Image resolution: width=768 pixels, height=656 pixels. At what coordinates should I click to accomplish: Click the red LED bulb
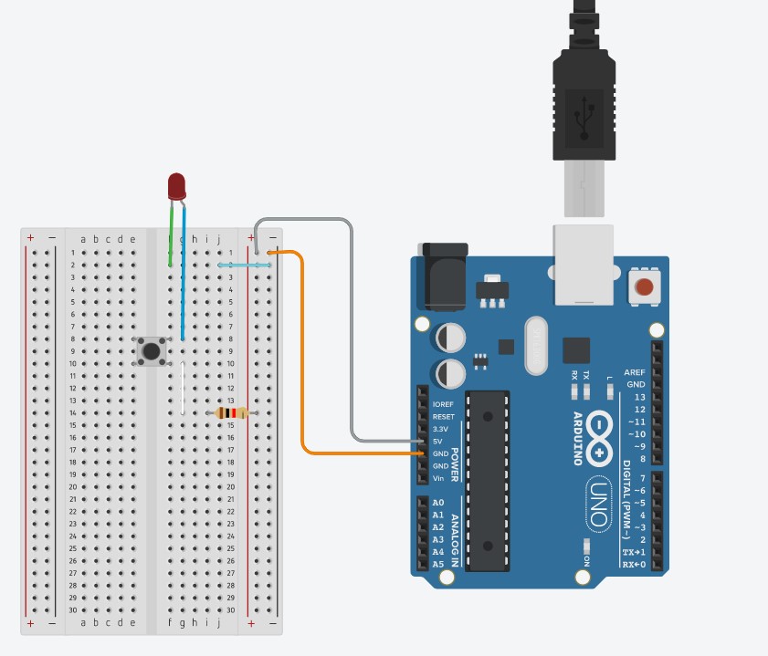pos(177,186)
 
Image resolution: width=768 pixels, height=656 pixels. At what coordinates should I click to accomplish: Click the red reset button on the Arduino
pos(645,288)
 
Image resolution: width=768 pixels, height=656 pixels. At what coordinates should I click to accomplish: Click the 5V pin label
pos(438,442)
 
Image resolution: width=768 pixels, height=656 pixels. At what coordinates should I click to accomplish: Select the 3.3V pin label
pos(442,429)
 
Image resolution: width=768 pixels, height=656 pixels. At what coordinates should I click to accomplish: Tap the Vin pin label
pos(438,478)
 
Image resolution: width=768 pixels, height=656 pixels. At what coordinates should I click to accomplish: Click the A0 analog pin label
pos(438,503)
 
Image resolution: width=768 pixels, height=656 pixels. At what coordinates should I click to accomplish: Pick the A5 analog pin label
pos(438,564)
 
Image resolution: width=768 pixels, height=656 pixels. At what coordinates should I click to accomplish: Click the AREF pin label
pos(635,372)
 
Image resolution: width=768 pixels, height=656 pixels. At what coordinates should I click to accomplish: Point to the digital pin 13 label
pos(639,397)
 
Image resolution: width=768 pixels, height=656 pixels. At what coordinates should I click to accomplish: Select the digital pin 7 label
pos(642,478)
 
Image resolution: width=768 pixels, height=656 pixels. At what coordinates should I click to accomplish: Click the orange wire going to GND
pos(303,365)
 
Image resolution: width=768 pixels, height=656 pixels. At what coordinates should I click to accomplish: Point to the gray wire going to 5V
pos(352,347)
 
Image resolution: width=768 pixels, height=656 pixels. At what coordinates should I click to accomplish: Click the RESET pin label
pos(443,416)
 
